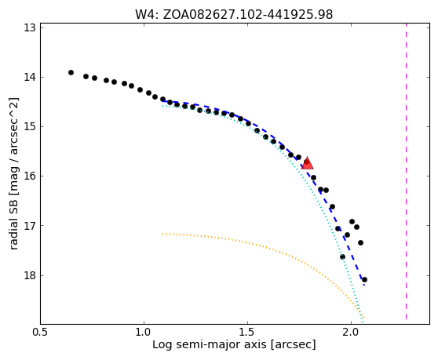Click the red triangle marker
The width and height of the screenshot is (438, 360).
[307, 163]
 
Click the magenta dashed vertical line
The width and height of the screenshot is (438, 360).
[406, 172]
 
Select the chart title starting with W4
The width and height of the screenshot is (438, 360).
[234, 15]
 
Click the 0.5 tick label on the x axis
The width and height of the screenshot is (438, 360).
[40, 332]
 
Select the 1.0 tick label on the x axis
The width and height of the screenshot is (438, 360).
[144, 332]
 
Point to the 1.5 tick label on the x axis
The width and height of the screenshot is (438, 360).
[247, 332]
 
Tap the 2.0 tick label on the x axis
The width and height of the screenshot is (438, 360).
[351, 332]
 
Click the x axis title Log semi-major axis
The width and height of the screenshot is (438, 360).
[210, 345]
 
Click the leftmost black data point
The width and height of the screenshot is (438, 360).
[71, 73]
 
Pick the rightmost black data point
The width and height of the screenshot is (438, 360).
[364, 279]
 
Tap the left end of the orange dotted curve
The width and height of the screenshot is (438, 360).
[162, 234]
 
